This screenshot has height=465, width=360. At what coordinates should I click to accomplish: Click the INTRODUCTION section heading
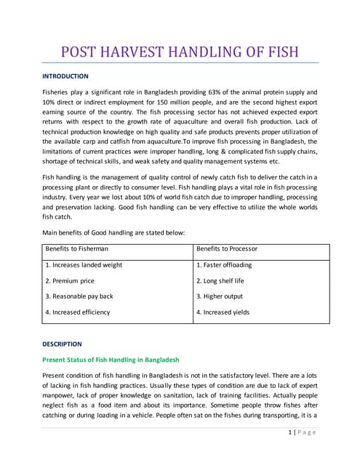pyautogui.click(x=65, y=76)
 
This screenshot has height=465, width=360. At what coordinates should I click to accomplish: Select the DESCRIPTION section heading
pyautogui.click(x=62, y=344)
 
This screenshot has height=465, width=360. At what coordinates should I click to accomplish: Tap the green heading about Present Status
pyautogui.click(x=111, y=360)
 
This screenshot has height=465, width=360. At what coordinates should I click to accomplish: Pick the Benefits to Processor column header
pyautogui.click(x=226, y=249)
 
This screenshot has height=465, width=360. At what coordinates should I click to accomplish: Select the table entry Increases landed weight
pyautogui.click(x=84, y=265)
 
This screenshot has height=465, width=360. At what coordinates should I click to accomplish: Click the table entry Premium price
pyautogui.click(x=70, y=280)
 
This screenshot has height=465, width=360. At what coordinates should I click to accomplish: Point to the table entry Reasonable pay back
pyautogui.click(x=79, y=296)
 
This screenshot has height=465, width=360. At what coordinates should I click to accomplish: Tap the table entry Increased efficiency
pyautogui.click(x=78, y=312)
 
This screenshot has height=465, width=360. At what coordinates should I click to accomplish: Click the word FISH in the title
pyautogui.click(x=277, y=52)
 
